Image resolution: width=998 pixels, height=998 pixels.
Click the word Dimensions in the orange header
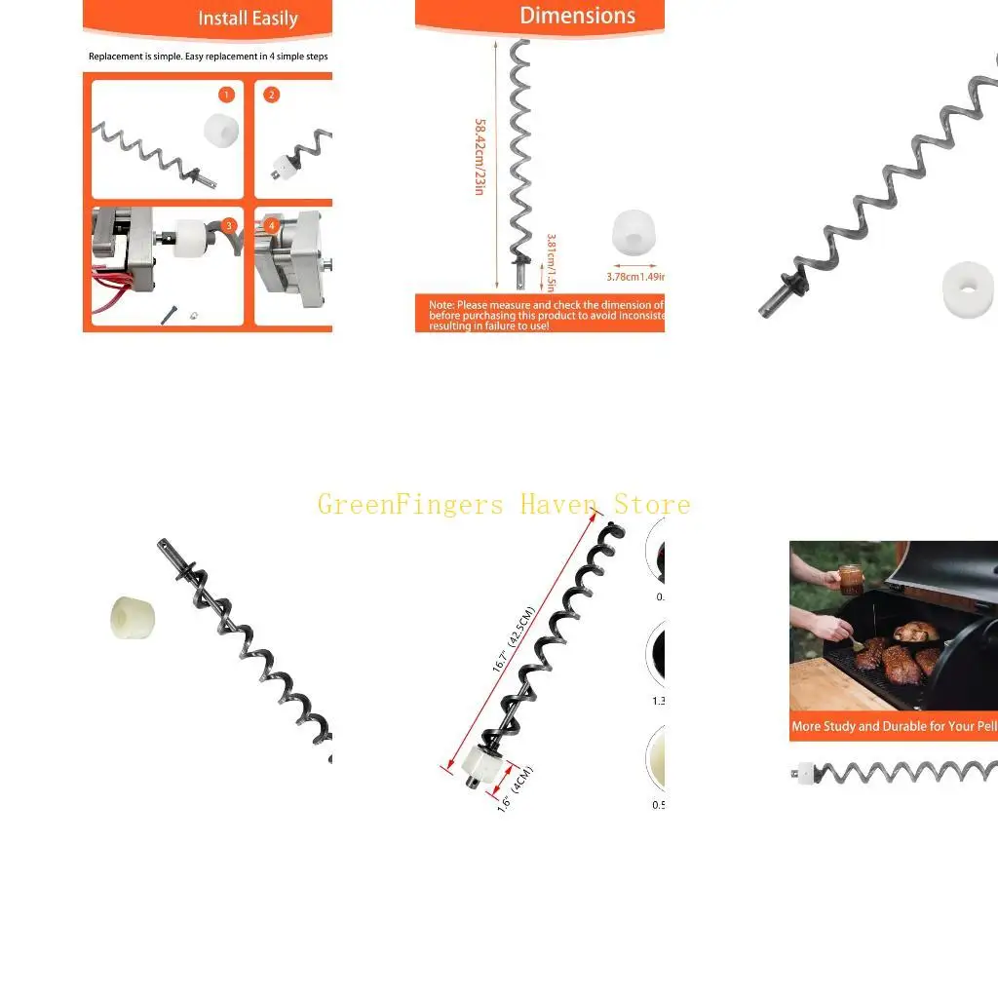(577, 16)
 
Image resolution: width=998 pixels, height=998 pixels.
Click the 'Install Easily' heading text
(248, 19)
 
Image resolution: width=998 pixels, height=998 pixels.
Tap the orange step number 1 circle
(227, 95)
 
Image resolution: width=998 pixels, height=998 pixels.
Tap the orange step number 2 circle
(272, 95)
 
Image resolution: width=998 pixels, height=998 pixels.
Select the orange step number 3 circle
(229, 225)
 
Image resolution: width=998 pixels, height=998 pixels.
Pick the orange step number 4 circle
(273, 225)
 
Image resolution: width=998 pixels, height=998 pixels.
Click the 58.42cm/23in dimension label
(480, 156)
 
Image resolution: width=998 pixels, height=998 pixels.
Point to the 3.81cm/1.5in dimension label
(550, 261)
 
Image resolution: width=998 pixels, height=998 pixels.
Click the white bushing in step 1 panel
(221, 129)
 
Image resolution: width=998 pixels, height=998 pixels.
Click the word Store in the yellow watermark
(652, 505)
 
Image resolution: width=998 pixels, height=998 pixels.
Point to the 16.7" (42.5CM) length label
(513, 639)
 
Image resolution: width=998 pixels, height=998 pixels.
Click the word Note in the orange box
(441, 305)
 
